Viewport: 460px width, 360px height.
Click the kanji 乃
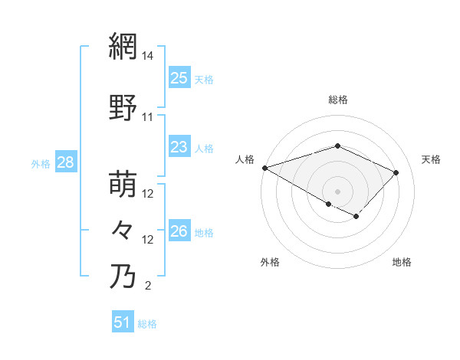coord(123,276)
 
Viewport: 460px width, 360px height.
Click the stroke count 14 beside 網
coord(148,56)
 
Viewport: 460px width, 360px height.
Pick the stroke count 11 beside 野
coord(148,117)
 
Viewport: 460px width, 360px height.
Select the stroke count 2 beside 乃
coord(148,286)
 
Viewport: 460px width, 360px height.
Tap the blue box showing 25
coord(179,77)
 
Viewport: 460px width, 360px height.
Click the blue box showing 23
coord(179,147)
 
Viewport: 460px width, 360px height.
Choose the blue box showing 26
coord(179,231)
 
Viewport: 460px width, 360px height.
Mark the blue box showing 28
coord(65,162)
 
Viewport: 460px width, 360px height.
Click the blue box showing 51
coord(123,322)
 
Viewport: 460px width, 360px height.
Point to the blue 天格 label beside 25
coord(204,79)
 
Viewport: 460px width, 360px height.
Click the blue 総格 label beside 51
coord(147,324)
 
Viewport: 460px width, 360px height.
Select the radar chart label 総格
coord(337,100)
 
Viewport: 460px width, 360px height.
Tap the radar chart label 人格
coord(245,159)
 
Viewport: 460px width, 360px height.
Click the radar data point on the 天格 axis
coord(396,172)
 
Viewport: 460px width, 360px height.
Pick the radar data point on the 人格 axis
coord(264,168)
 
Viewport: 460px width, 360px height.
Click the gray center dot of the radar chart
coord(337,191)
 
